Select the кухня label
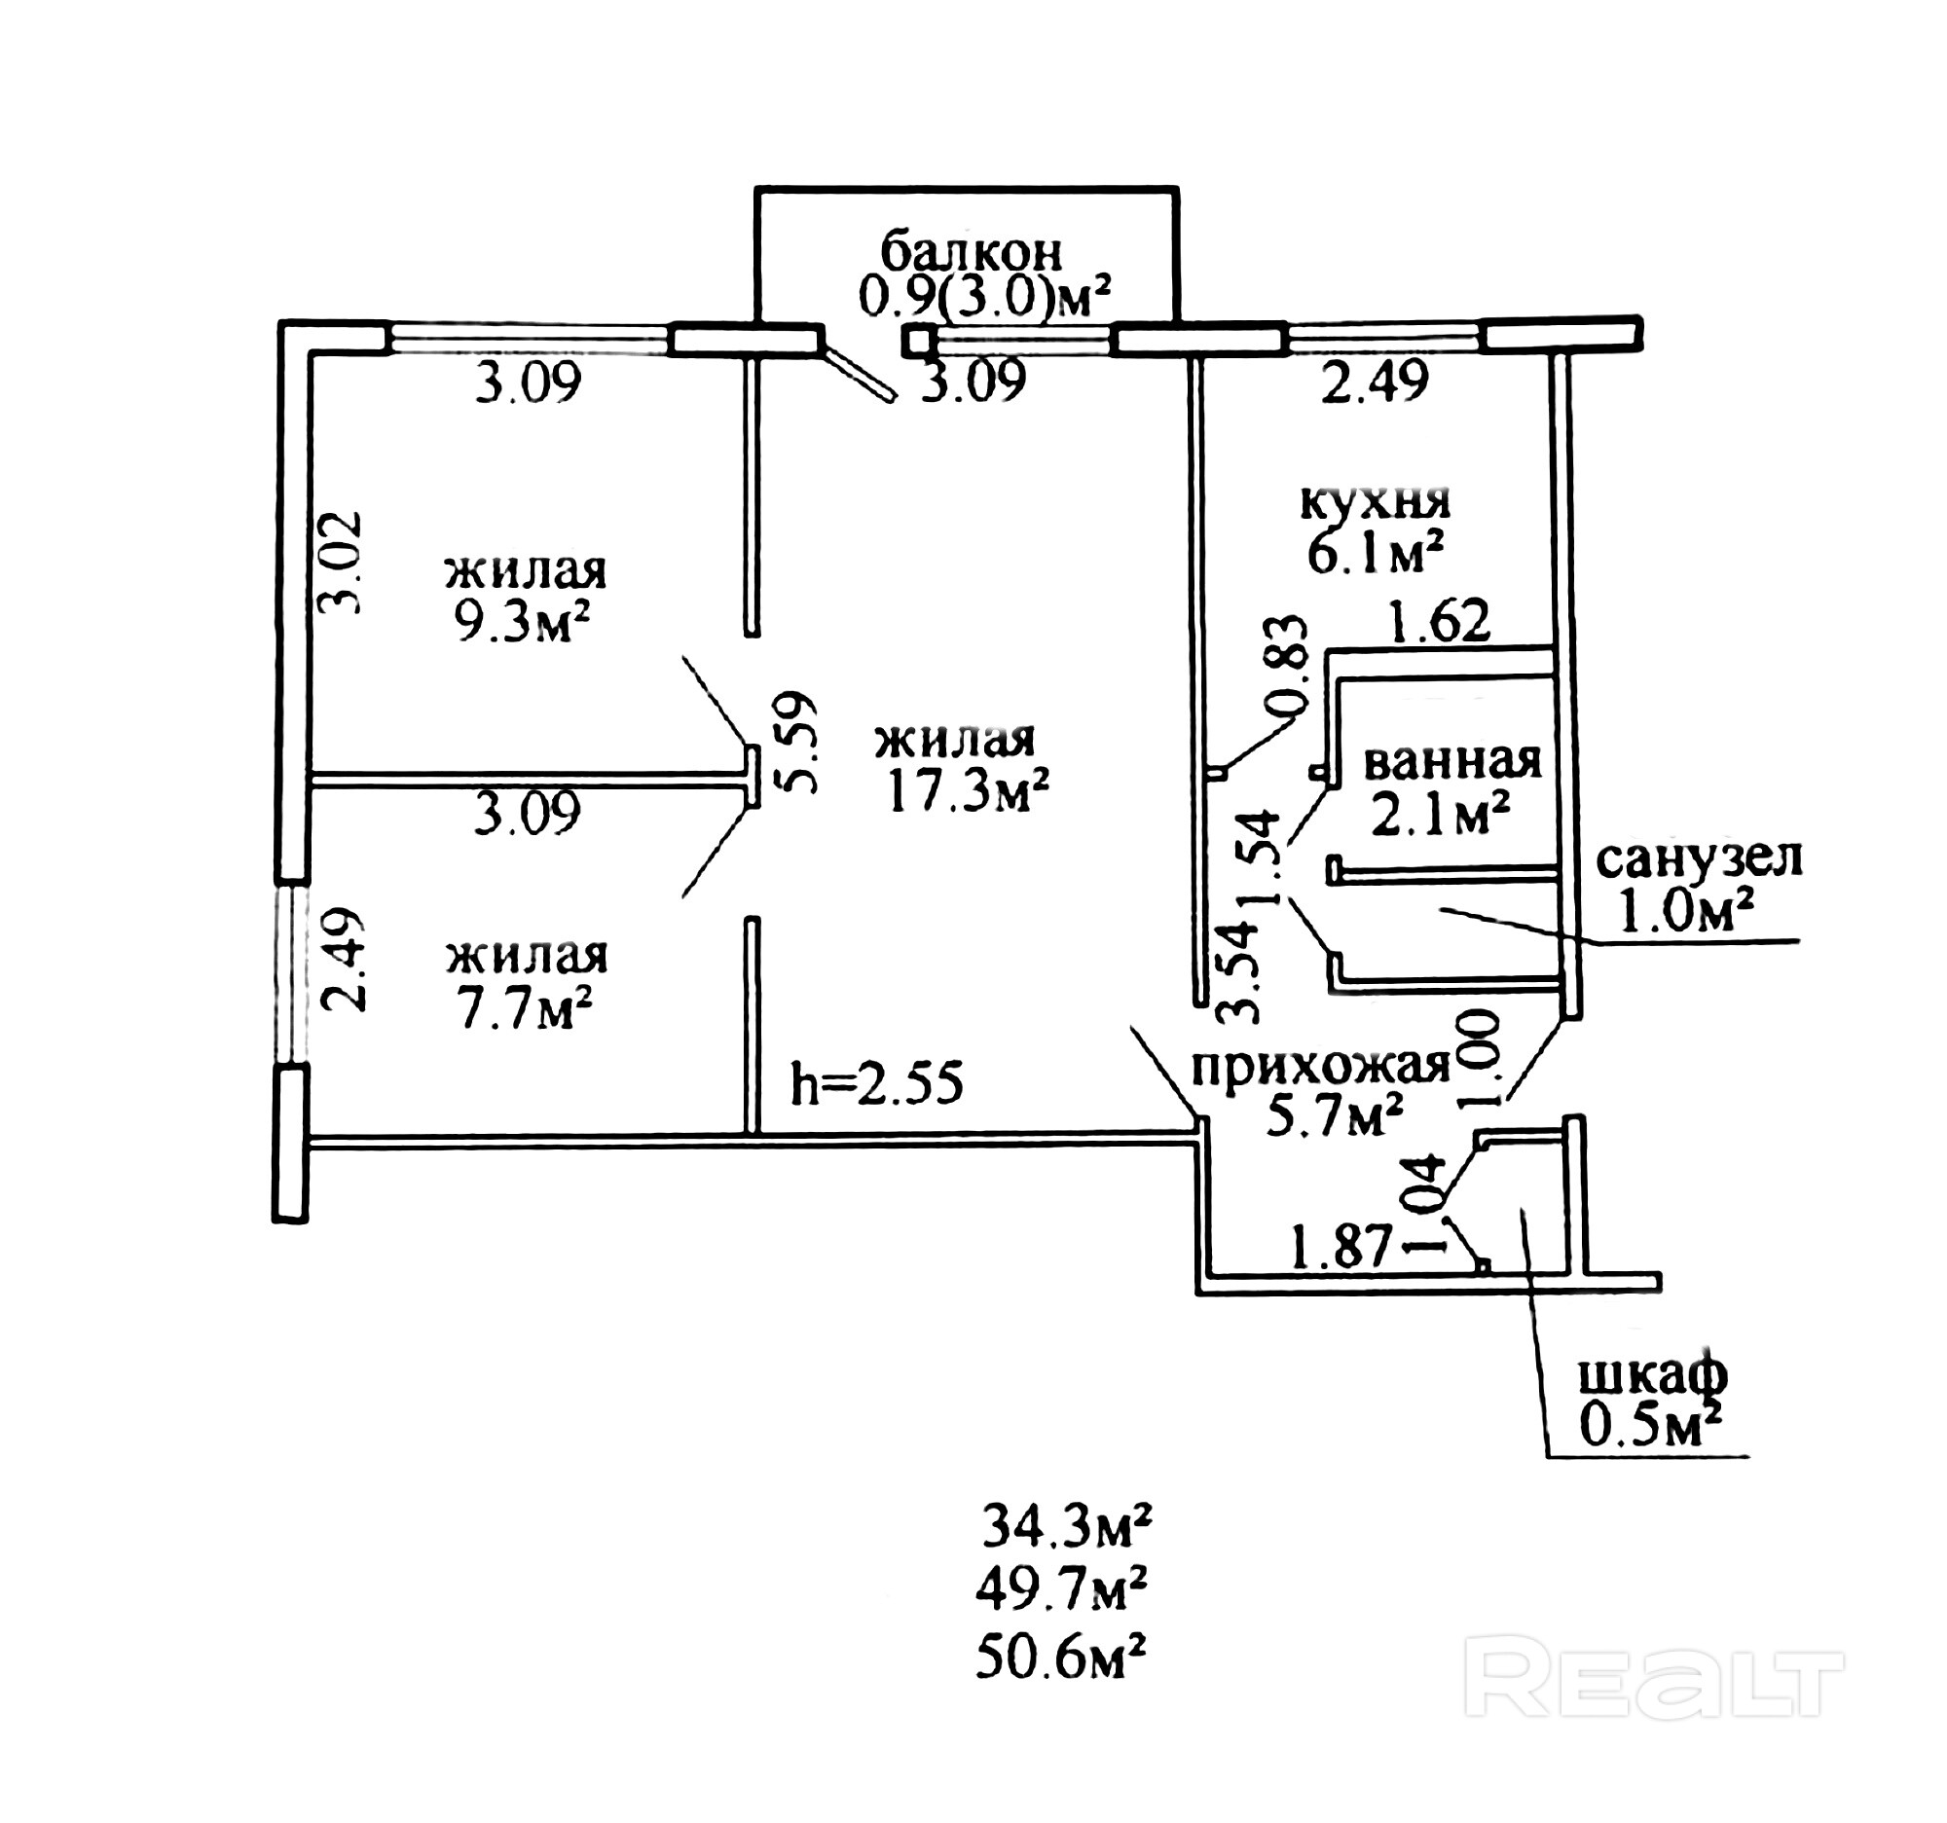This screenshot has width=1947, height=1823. coord(1375,502)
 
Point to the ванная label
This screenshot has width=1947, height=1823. coord(1452,761)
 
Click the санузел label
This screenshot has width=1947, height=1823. coord(1699,858)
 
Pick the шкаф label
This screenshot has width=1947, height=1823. coord(1652,1374)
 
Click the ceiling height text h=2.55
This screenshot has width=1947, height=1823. coord(876,1084)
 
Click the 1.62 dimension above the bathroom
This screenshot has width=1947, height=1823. coord(1440,620)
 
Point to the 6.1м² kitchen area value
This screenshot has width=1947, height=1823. coord(1375,554)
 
